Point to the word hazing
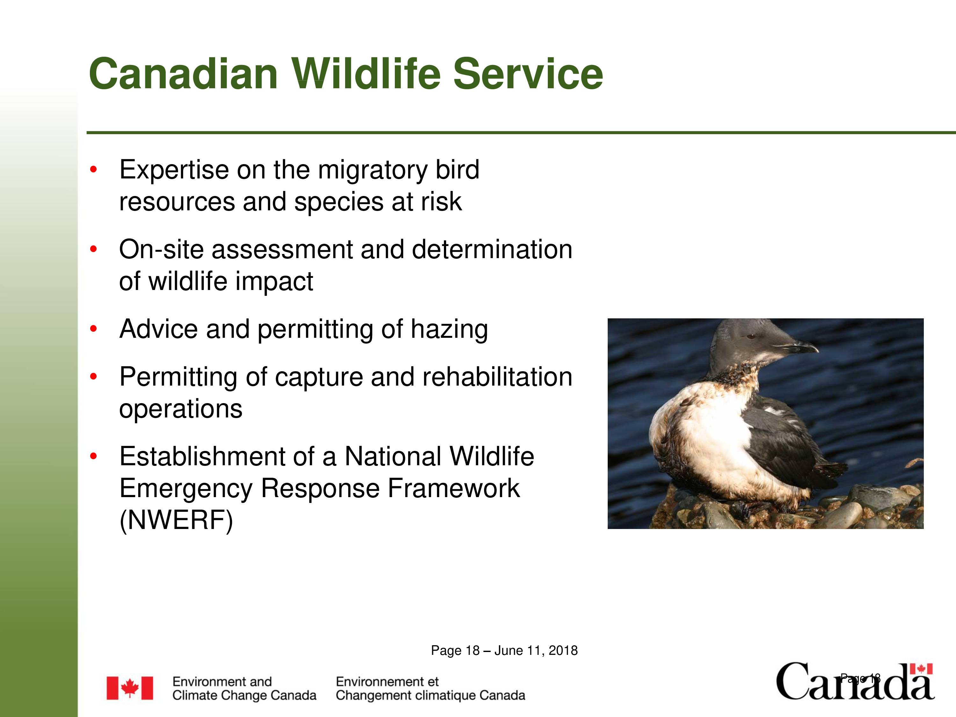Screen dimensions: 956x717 [449, 330]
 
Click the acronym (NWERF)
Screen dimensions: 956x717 [176, 520]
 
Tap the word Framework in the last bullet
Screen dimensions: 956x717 [454, 489]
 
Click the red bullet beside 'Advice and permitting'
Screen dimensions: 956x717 [93, 329]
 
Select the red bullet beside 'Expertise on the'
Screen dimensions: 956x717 [93, 170]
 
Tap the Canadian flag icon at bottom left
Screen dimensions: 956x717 [130, 688]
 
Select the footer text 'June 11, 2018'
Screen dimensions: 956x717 [536, 651]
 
